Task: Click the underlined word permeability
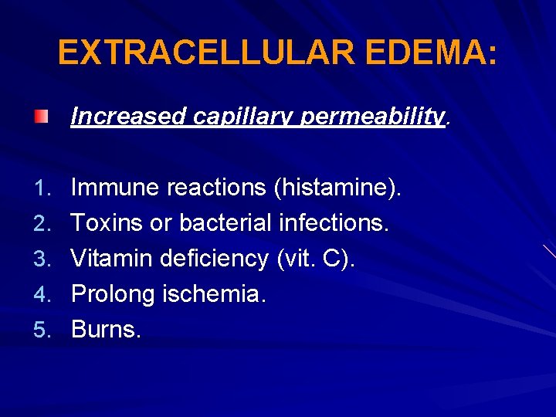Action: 371,117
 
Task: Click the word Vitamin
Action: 112,258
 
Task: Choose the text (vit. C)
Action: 316,258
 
